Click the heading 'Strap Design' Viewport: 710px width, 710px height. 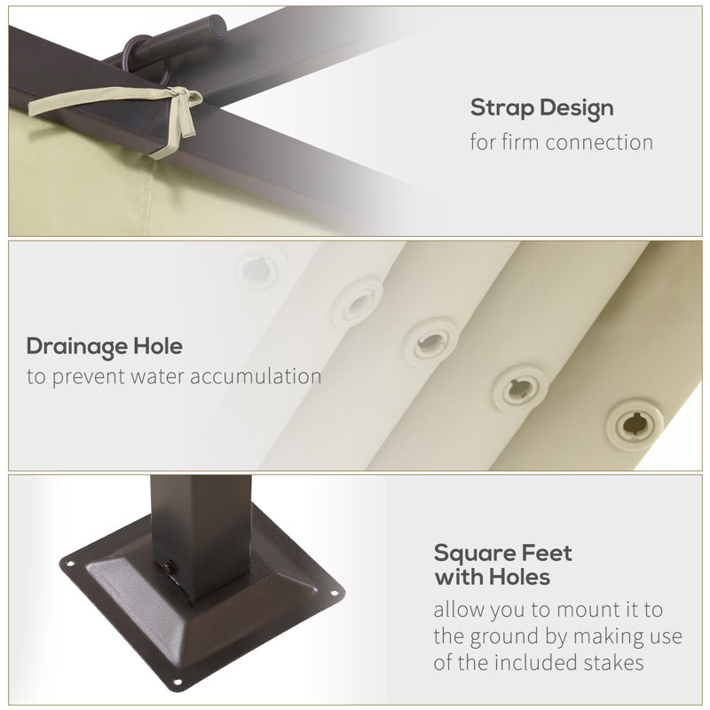tap(541, 108)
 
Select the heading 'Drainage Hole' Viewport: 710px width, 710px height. tap(105, 347)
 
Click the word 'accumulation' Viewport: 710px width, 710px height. tap(256, 376)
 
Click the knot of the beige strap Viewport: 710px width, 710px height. tap(183, 97)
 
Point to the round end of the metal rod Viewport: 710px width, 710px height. tap(217, 27)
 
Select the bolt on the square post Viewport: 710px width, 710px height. tap(170, 566)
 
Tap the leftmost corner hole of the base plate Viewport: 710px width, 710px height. tap(70, 564)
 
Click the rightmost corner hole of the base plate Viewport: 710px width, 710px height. tap(335, 593)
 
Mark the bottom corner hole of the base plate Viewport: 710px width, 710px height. tap(177, 682)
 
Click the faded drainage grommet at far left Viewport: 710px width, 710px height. tap(257, 271)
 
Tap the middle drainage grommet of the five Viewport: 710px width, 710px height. tap(430, 342)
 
